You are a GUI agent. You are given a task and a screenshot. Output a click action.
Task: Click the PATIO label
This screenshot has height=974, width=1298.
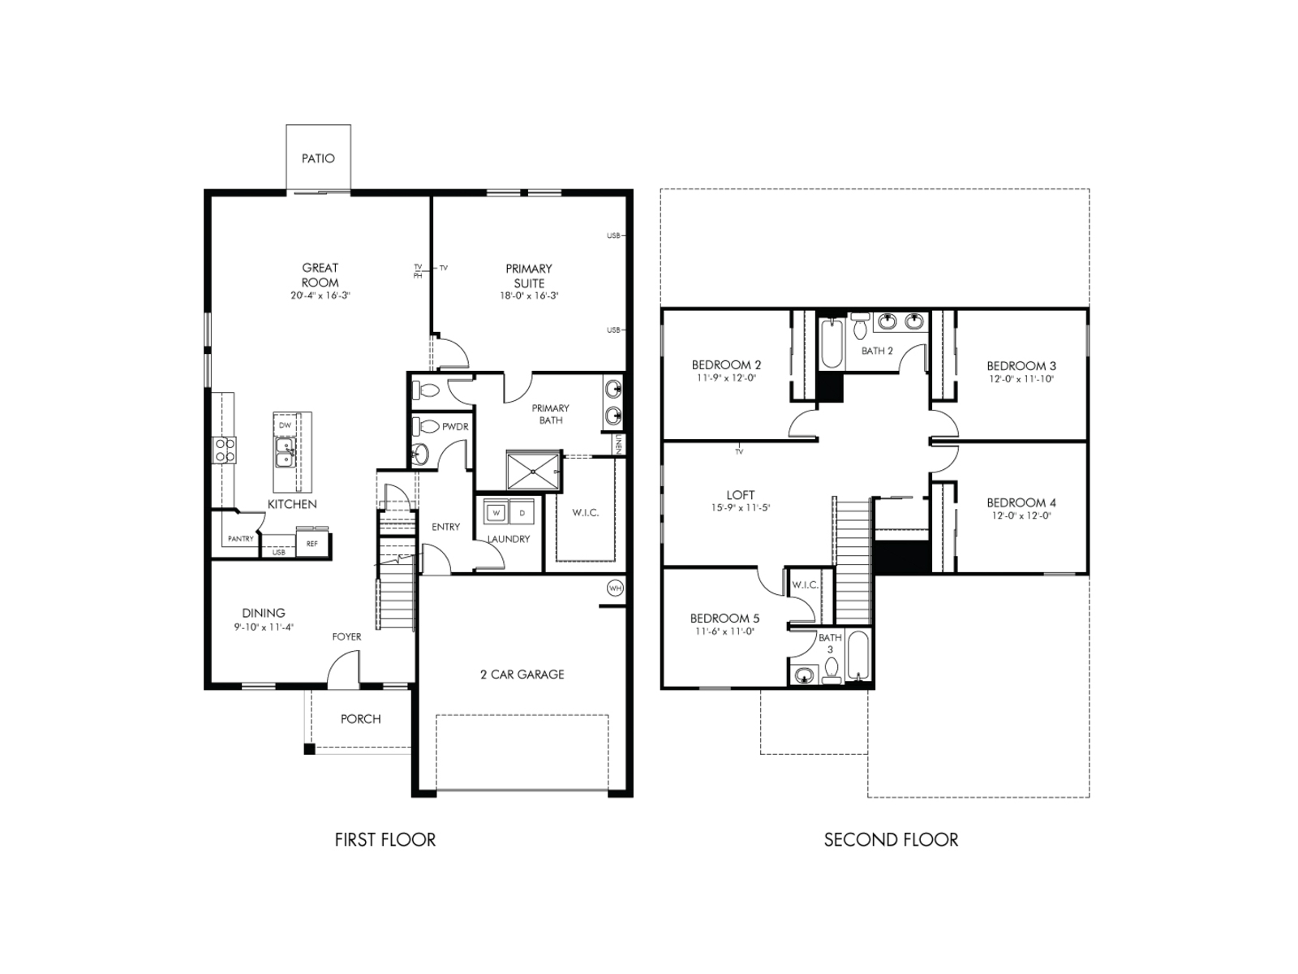(318, 158)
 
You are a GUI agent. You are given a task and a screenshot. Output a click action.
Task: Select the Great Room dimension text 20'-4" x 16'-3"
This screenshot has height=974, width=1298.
(320, 296)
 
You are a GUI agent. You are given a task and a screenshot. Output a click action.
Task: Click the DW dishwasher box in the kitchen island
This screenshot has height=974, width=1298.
(285, 425)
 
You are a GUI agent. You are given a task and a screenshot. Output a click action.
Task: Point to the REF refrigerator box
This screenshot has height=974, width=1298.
(312, 544)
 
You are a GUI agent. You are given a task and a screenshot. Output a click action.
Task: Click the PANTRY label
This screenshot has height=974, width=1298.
(241, 539)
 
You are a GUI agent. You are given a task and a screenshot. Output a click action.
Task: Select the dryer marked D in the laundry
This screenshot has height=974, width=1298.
(522, 513)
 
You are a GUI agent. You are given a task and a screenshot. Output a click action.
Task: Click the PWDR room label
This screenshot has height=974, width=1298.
(455, 427)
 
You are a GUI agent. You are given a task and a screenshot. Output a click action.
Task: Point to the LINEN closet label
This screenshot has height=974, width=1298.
(619, 443)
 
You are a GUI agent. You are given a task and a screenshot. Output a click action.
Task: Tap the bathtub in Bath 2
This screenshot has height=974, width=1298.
(832, 345)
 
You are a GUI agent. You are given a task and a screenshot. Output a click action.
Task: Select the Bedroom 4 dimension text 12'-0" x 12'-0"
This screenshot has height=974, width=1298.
(1021, 516)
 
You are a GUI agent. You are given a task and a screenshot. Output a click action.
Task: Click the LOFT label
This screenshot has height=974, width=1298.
(740, 494)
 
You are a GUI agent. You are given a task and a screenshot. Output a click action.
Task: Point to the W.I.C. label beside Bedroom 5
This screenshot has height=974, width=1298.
(805, 584)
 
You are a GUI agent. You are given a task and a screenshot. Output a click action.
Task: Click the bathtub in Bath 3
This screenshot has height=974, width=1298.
(858, 656)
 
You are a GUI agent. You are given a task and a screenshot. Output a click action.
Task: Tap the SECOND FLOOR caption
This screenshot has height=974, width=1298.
(891, 840)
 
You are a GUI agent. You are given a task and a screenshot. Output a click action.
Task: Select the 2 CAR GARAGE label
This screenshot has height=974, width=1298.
(522, 674)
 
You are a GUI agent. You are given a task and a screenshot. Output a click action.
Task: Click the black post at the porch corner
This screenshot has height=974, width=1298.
(309, 748)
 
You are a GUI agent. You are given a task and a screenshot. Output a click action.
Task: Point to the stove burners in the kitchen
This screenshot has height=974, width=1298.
(225, 450)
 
